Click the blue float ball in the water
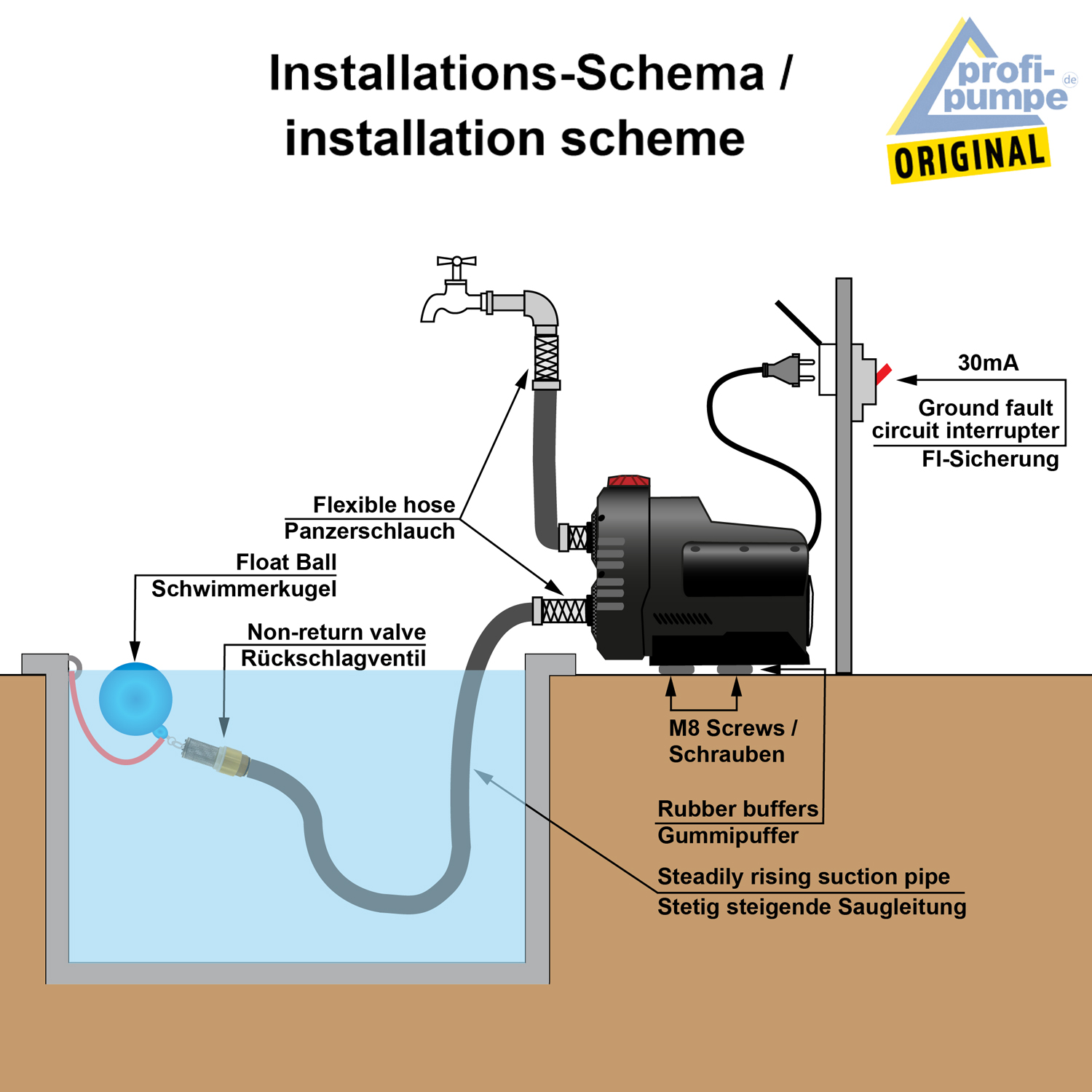pyautogui.click(x=135, y=698)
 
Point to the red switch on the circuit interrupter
pyautogui.click(x=884, y=374)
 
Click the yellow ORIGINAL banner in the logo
pyautogui.click(x=968, y=156)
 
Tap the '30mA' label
pyautogui.click(x=988, y=363)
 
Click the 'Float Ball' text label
pyautogui.click(x=286, y=562)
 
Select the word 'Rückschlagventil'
pyautogui.click(x=333, y=658)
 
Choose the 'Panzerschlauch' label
pyautogui.click(x=369, y=531)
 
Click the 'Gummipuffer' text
pyautogui.click(x=728, y=835)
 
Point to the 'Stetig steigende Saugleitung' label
pyautogui.click(x=812, y=907)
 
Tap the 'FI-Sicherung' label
pyautogui.click(x=990, y=459)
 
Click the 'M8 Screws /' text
pyautogui.click(x=732, y=728)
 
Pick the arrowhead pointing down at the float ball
pyautogui.click(x=135, y=652)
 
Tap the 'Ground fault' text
pyautogui.click(x=985, y=408)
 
